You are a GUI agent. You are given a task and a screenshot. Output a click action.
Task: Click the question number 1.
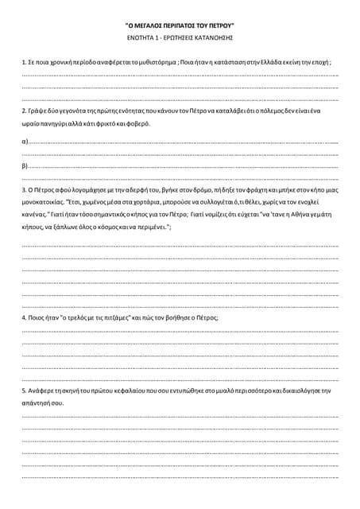23,61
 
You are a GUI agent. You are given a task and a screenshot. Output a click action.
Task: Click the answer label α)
25,141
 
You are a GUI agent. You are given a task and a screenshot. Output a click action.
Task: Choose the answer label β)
25,166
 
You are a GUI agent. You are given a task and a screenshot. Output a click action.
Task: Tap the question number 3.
23,191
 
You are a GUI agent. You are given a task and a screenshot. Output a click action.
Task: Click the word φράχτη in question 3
241,191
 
